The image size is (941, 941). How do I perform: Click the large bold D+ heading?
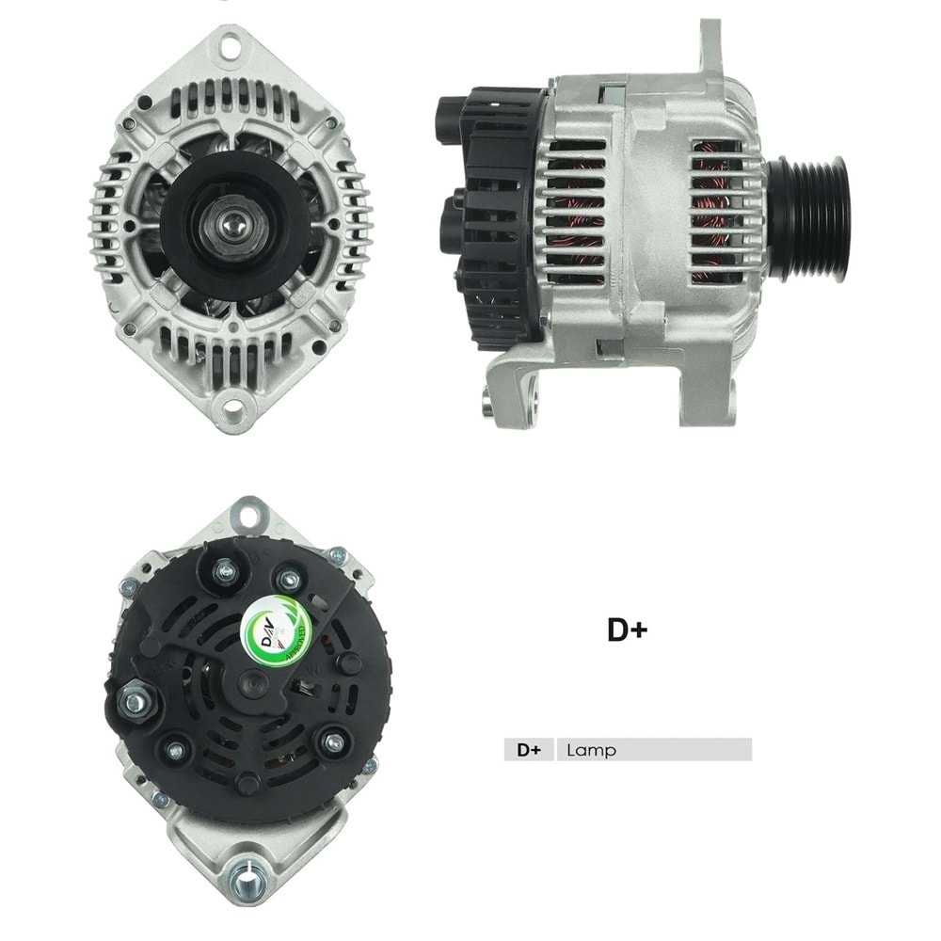pyautogui.click(x=627, y=630)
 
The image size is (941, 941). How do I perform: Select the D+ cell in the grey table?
pyautogui.click(x=529, y=750)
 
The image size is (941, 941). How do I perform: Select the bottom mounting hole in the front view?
pyautogui.click(x=231, y=409)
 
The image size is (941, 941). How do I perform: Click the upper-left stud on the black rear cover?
pyautogui.click(x=225, y=570)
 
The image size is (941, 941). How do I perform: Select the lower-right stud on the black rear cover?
pyautogui.click(x=332, y=743)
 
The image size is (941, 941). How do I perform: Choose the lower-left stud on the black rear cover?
pyautogui.click(x=174, y=750)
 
